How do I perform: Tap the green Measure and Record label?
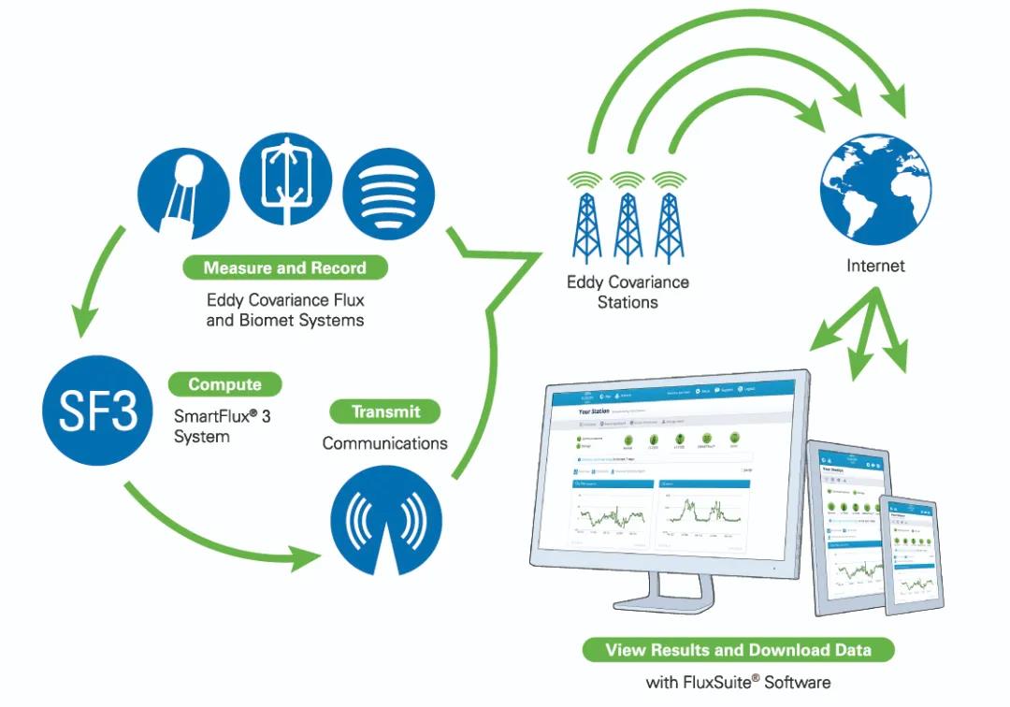[284, 267]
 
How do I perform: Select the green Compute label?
[224, 384]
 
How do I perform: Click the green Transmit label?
[385, 411]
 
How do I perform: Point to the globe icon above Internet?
[875, 188]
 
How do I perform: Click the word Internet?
[875, 266]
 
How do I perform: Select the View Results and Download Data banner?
[738, 650]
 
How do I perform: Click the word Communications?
[384, 443]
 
